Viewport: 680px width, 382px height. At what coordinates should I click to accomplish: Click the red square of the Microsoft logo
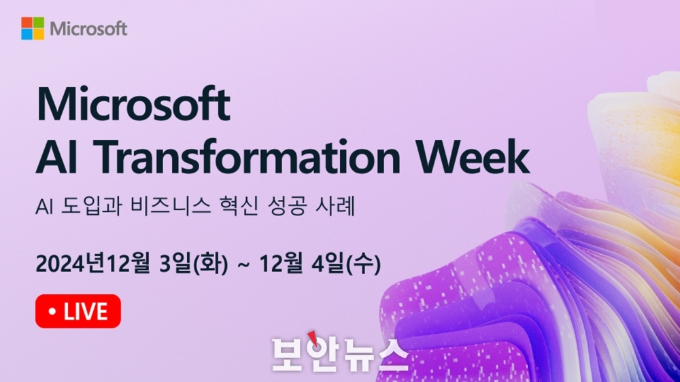[x=27, y=22]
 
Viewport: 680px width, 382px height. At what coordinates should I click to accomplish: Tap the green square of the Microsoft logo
[x=39, y=22]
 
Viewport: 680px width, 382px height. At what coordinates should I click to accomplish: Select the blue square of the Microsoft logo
[x=27, y=34]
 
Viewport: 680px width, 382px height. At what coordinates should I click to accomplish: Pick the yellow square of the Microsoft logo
[x=39, y=34]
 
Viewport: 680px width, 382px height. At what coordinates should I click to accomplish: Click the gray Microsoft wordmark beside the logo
[x=88, y=29]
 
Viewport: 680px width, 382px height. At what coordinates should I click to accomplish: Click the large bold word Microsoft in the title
[x=133, y=104]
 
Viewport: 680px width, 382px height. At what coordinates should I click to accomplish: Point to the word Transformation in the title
[x=246, y=156]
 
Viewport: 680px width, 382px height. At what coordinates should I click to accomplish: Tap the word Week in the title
[x=473, y=156]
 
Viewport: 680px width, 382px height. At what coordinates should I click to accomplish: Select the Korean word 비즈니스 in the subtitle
[x=171, y=205]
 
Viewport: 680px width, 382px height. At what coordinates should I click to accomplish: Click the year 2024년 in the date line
[x=71, y=264]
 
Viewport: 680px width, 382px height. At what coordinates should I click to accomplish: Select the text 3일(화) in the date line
[x=193, y=264]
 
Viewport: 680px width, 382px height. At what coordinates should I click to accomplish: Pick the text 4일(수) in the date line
[x=346, y=264]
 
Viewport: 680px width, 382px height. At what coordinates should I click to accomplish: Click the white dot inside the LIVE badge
[x=52, y=311]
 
